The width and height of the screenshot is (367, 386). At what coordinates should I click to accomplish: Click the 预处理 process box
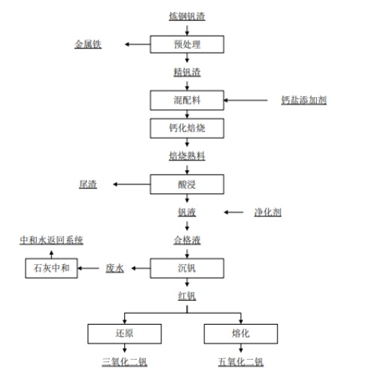(x=187, y=44)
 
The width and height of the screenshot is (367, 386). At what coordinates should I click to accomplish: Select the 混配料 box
(x=187, y=100)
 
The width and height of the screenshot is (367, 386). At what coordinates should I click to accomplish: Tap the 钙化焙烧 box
(x=187, y=128)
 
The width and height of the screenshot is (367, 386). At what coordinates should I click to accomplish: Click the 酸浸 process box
(x=187, y=184)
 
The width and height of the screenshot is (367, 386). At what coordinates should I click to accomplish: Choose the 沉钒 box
(x=187, y=268)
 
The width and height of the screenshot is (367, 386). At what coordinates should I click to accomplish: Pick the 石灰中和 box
(x=52, y=268)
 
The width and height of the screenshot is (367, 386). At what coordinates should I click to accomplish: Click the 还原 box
(x=124, y=334)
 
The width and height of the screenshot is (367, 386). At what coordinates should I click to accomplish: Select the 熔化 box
(x=241, y=334)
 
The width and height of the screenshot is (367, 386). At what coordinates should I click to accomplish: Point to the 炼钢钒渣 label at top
(x=187, y=16)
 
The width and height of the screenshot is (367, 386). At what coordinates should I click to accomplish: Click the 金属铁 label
(x=88, y=44)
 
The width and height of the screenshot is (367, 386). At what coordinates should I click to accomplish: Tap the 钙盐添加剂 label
(x=303, y=100)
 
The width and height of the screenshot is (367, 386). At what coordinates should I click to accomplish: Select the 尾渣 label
(x=88, y=184)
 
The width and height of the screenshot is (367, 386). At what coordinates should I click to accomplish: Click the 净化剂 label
(x=268, y=212)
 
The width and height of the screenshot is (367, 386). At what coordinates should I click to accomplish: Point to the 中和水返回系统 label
(x=52, y=240)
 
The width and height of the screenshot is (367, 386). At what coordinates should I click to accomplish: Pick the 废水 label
(x=114, y=268)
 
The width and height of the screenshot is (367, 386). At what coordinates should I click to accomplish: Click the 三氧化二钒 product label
(x=124, y=362)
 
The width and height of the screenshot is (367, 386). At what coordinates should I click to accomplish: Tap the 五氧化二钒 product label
(x=241, y=362)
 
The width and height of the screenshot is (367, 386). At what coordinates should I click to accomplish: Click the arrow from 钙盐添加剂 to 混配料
(x=246, y=100)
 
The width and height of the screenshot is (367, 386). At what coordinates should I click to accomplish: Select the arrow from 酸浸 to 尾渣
(x=132, y=184)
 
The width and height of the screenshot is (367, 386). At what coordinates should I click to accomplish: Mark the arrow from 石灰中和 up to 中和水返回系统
(x=52, y=255)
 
